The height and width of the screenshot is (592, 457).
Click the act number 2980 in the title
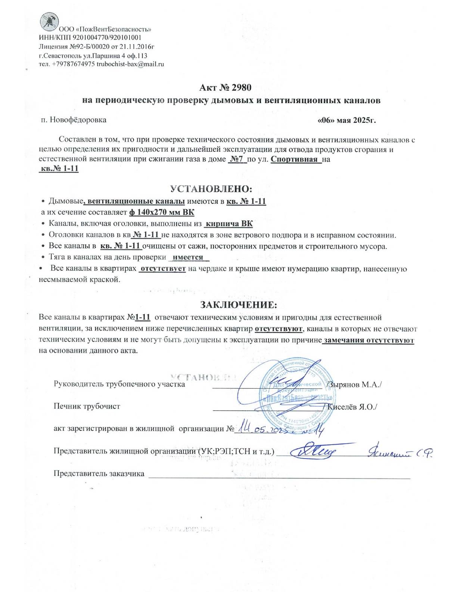tap(241, 88)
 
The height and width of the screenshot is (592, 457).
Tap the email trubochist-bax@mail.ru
tap(130, 64)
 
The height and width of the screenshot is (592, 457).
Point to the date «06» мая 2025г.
tap(346, 120)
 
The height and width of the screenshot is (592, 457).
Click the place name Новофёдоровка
tap(78, 120)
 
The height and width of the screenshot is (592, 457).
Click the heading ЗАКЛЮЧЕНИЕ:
tap(239, 305)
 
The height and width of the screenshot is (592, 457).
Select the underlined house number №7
tap(237, 159)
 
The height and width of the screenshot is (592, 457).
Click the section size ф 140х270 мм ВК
tap(162, 213)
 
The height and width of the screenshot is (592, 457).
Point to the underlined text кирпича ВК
tap(229, 224)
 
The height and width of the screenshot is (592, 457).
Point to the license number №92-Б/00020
tap(85, 47)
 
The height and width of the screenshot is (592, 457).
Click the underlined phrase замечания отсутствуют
tap(369, 340)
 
